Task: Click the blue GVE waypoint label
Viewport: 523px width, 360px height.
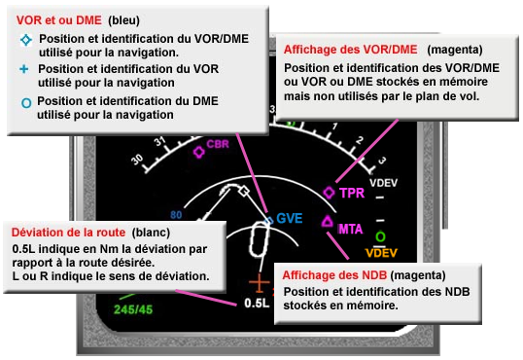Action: [x=289, y=218]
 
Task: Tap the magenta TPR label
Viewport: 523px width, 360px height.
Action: [x=352, y=193]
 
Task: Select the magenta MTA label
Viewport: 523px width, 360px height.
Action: [x=352, y=230]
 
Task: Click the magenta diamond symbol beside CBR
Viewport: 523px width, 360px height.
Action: [x=199, y=152]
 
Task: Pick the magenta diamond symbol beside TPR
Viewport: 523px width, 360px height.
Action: [x=329, y=193]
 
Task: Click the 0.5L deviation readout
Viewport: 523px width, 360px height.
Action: [x=257, y=303]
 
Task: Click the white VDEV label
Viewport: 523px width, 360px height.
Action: [x=385, y=182]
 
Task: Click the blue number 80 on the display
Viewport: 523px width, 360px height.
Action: [x=176, y=215]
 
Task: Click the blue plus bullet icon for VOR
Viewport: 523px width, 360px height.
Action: [x=24, y=69]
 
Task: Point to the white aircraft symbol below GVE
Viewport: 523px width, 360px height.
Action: [x=260, y=239]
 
